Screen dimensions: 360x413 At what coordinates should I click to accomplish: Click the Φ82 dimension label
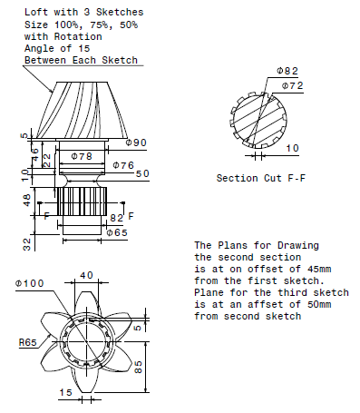click(287, 71)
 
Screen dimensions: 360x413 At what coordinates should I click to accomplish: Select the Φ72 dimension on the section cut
click(292, 85)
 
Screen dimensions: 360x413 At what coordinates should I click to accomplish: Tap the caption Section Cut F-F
click(260, 178)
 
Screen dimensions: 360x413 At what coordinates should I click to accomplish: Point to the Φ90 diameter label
click(136, 143)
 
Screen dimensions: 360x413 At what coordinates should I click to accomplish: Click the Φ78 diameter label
click(81, 157)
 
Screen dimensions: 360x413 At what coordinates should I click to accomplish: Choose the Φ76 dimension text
click(123, 164)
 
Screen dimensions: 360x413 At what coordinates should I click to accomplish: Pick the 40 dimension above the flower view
click(85, 275)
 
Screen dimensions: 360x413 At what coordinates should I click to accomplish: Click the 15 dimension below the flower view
click(64, 392)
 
